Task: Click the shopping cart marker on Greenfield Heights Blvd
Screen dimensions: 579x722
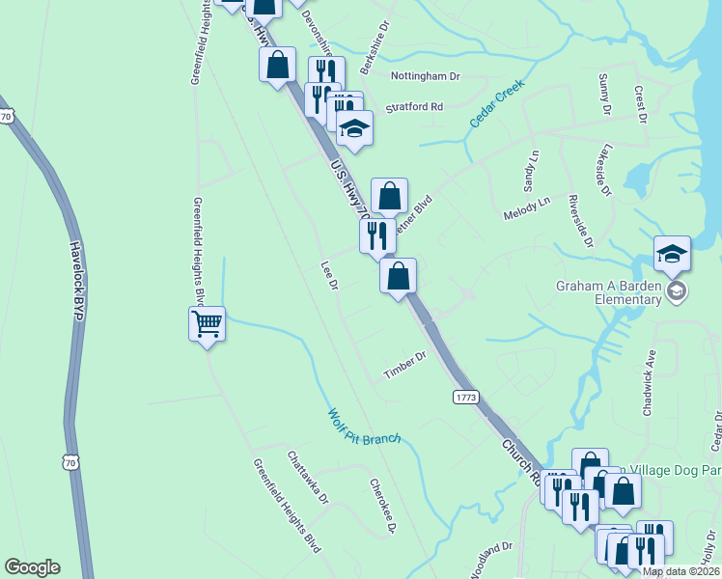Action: coord(208,324)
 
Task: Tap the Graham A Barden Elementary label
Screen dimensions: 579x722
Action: coord(608,291)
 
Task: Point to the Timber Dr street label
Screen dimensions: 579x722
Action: coord(404,365)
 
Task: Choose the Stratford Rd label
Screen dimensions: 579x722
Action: coord(414,106)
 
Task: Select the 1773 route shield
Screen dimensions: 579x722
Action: coord(465,397)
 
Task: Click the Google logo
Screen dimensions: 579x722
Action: coord(32,567)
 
